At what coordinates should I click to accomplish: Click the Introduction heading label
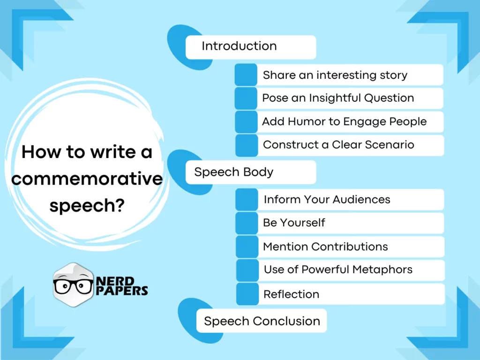tap(239, 46)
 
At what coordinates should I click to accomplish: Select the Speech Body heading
tap(233, 172)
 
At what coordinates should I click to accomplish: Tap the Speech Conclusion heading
tap(262, 322)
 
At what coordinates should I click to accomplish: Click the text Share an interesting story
tap(335, 75)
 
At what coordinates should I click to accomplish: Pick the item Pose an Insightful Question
tap(337, 98)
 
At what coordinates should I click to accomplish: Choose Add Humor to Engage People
tap(344, 122)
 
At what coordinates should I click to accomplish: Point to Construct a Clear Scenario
tap(338, 145)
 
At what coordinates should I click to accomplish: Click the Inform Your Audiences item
tap(327, 199)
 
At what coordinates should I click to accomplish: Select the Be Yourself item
tap(294, 223)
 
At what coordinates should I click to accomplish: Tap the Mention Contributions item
tap(325, 247)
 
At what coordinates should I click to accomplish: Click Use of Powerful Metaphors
tap(338, 270)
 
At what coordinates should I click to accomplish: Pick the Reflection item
tap(291, 294)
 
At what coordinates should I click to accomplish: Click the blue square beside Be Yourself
tap(247, 223)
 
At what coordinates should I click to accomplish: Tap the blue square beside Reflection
tap(247, 294)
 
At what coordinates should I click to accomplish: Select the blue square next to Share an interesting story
tap(246, 75)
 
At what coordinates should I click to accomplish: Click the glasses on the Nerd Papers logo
tap(73, 285)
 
